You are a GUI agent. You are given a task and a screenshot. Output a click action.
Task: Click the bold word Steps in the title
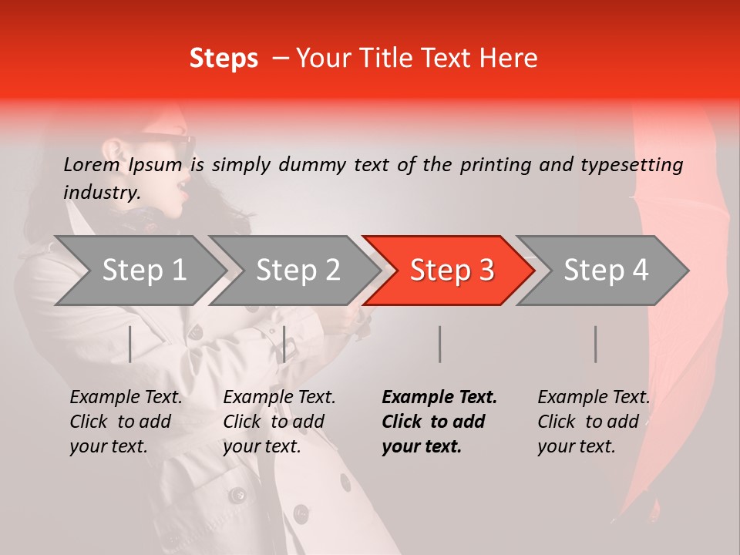pyautogui.click(x=224, y=58)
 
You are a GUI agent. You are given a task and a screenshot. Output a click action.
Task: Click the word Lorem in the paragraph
pyautogui.click(x=91, y=164)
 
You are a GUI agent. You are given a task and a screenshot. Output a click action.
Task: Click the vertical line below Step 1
pyautogui.click(x=129, y=344)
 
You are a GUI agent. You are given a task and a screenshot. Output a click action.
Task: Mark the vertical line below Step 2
pyautogui.click(x=284, y=344)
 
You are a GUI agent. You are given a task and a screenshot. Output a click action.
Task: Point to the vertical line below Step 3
pyautogui.click(x=439, y=344)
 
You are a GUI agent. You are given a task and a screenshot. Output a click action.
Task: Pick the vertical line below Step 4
pyautogui.click(x=595, y=344)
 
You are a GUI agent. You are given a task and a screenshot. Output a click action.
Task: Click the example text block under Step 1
pyautogui.click(x=126, y=422)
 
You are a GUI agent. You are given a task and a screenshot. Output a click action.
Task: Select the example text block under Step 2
pyautogui.click(x=279, y=422)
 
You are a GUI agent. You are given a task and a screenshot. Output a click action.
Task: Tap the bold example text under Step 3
pyautogui.click(x=439, y=422)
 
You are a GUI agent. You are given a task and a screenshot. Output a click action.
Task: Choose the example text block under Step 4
pyautogui.click(x=594, y=422)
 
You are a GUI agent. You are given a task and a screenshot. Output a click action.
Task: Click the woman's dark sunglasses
pyautogui.click(x=166, y=143)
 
